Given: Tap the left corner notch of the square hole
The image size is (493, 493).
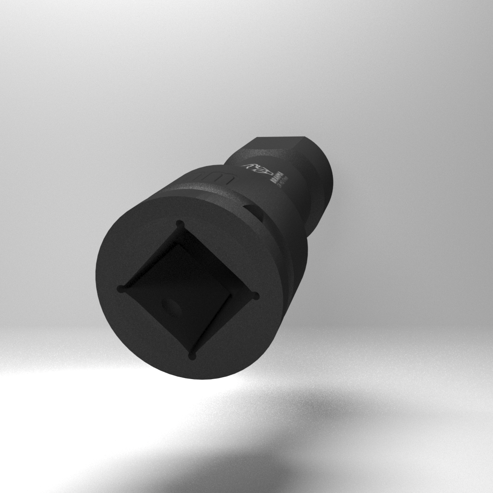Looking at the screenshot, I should tap(121, 289).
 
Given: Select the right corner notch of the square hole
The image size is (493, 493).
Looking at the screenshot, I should tap(255, 296).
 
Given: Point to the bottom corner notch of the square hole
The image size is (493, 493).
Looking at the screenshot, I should tap(192, 354).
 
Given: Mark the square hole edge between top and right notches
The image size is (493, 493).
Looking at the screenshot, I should tap(218, 259).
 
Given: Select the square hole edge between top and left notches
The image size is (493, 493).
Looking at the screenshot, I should tap(150, 255).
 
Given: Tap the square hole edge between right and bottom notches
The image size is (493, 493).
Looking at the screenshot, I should tap(224, 325).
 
